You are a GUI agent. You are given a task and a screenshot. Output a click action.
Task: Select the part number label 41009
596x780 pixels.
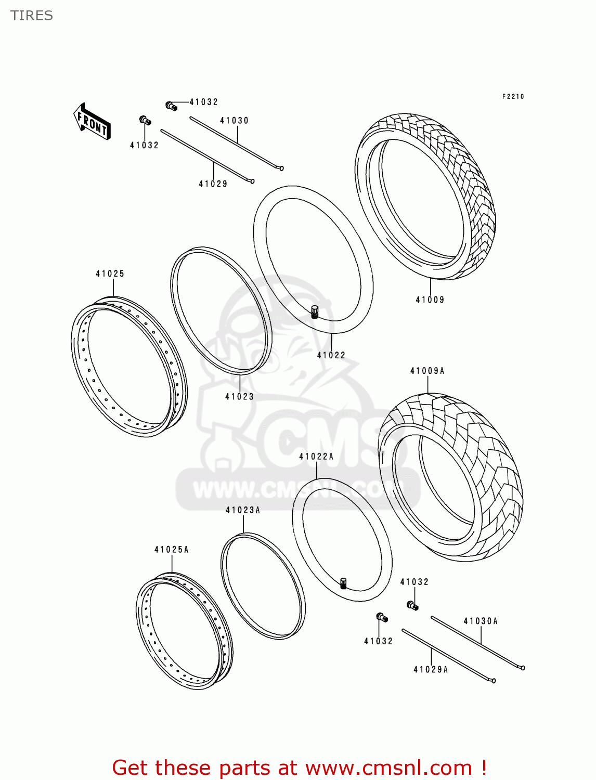tap(430, 300)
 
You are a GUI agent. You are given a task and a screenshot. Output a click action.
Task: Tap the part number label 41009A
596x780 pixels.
tap(427, 371)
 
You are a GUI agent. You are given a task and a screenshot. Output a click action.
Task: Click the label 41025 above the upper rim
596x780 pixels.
tap(110, 274)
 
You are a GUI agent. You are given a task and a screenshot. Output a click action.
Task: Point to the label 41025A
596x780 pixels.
tap(172, 550)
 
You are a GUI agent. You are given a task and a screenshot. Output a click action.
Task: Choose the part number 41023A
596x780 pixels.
tap(243, 510)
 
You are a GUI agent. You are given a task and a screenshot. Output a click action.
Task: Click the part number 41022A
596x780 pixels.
tap(316, 457)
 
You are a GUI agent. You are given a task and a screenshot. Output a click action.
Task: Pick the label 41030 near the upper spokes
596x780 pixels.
tap(235, 121)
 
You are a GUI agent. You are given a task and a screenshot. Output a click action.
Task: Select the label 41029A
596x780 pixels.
tap(431, 670)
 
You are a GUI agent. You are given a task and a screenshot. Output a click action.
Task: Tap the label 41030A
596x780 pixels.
tap(481, 621)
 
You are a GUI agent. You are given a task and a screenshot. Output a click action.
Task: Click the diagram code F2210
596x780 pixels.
tap(513, 97)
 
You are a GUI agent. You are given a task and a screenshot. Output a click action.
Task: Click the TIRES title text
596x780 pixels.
tap(32, 16)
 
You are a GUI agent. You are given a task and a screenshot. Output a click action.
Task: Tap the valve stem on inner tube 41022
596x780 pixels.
tap(315, 312)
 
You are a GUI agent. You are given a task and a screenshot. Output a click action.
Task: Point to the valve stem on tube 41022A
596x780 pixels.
tap(343, 583)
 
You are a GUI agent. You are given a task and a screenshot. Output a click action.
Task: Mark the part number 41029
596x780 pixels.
tap(213, 184)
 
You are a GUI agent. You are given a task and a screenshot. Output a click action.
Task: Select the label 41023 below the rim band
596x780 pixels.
tap(239, 396)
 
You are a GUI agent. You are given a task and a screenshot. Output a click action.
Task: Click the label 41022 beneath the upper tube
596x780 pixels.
tap(331, 355)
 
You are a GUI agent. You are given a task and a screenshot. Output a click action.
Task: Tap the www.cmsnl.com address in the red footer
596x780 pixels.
tap(388, 768)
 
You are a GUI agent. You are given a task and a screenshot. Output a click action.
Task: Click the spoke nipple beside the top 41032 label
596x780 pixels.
tap(172, 106)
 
